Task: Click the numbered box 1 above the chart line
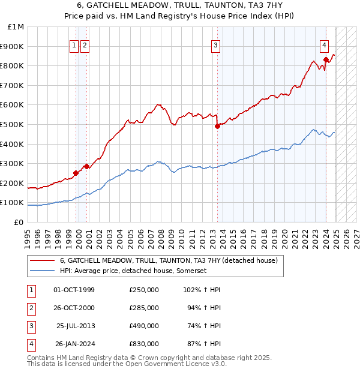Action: click(x=74, y=45)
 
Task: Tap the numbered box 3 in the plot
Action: click(x=215, y=45)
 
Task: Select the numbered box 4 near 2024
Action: click(x=324, y=45)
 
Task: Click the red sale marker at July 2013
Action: click(x=217, y=126)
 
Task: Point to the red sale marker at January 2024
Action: click(x=326, y=59)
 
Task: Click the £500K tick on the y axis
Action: click(x=13, y=124)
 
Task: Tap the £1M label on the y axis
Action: click(x=16, y=27)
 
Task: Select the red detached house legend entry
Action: click(x=169, y=261)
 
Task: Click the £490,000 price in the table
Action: click(x=144, y=326)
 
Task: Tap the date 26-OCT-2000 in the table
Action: click(x=74, y=308)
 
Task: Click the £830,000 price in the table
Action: click(x=144, y=344)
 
